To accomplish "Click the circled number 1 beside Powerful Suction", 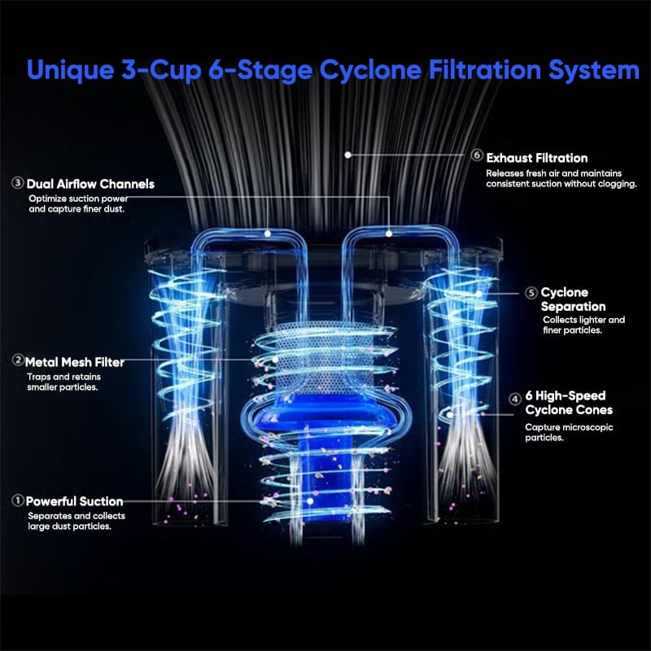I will [17, 500].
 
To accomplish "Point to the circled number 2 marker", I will [17, 360].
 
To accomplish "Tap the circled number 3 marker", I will [18, 183].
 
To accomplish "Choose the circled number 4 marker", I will [515, 399].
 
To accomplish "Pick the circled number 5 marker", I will [531, 292].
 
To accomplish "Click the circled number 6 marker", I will [477, 156].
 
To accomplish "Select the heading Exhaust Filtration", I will [536, 157].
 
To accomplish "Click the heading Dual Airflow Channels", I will [90, 184].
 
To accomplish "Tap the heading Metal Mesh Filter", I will [75, 360].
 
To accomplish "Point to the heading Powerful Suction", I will [74, 501].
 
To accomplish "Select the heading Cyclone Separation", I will [573, 299].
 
